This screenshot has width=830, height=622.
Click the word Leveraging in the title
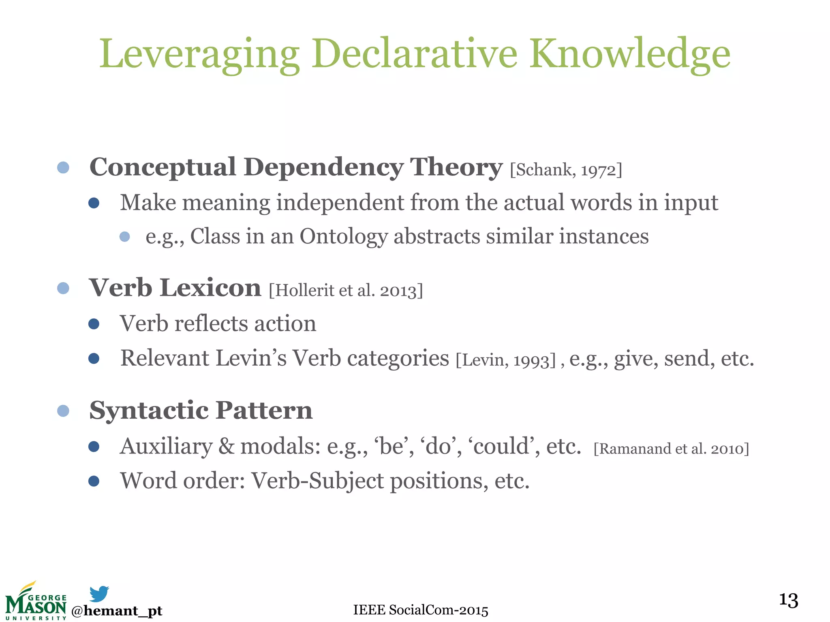click(x=199, y=55)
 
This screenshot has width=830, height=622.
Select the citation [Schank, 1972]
click(x=566, y=170)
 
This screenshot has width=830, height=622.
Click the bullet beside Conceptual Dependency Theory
click(x=63, y=167)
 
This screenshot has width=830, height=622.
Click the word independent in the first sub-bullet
click(x=340, y=202)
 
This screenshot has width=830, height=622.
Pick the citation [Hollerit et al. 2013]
click(x=346, y=290)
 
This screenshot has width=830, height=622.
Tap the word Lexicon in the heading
click(x=210, y=288)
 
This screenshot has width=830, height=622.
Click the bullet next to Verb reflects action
click(x=94, y=324)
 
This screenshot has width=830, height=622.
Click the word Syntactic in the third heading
click(x=149, y=411)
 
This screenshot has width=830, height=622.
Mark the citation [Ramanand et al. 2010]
click(x=671, y=449)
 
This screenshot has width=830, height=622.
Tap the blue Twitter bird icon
click(x=99, y=594)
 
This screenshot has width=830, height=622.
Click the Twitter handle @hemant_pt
click(x=117, y=611)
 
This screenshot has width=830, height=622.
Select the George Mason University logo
click(x=36, y=602)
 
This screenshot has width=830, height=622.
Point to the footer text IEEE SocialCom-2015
click(x=421, y=610)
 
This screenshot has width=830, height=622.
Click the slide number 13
click(x=788, y=600)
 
